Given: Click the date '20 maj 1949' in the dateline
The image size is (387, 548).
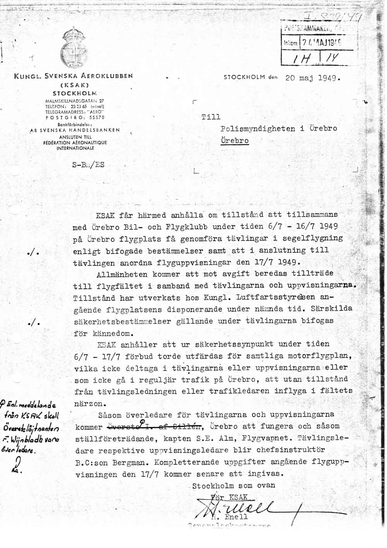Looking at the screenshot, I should pos(312,77).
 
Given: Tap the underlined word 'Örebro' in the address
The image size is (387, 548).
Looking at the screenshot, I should pos(235,140).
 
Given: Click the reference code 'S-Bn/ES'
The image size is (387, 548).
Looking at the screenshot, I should pos(88,164).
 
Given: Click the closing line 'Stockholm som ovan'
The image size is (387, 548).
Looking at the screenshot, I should pos(234,486).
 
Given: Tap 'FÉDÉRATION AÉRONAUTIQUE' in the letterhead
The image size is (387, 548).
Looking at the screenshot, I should pos(75,143).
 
